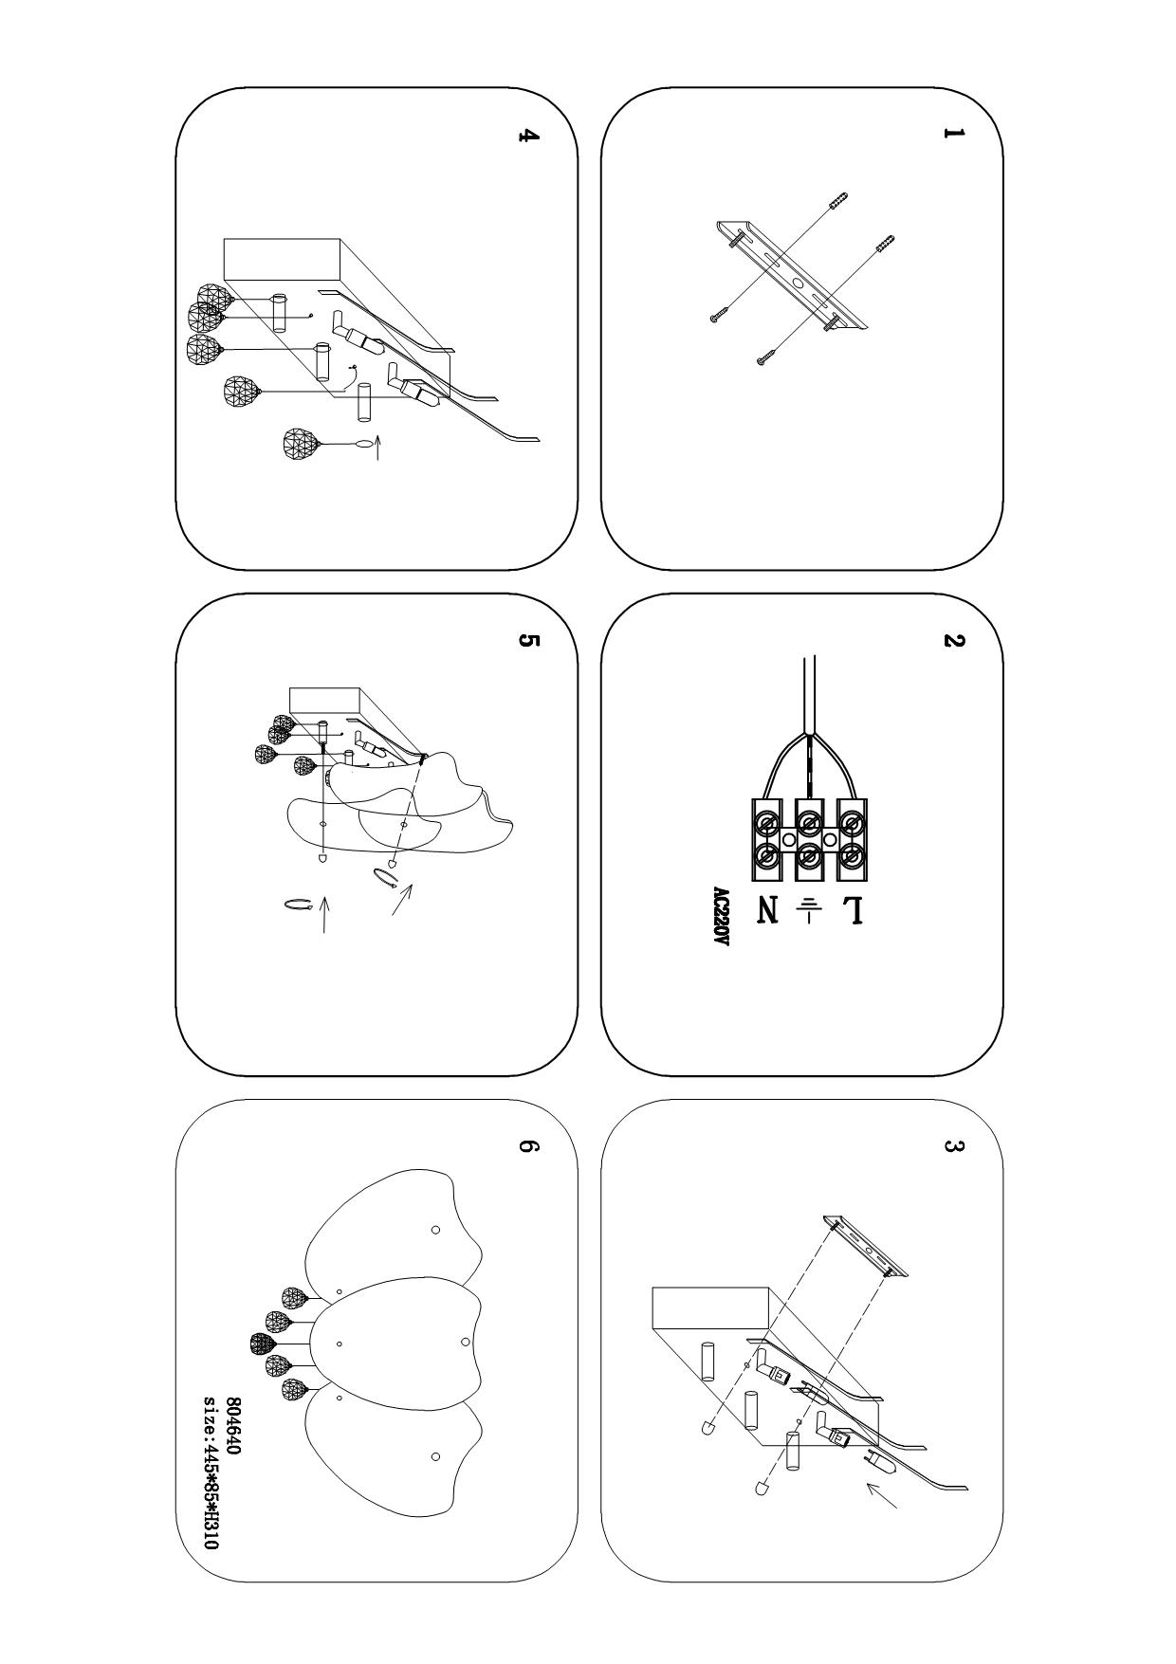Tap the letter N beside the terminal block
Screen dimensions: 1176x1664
click(x=767, y=911)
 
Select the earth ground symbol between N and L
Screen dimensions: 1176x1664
click(x=808, y=910)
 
